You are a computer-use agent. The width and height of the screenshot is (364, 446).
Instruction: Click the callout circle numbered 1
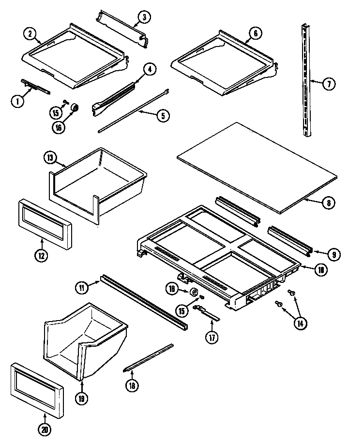17,101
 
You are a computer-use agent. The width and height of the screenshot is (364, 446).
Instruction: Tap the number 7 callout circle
328,84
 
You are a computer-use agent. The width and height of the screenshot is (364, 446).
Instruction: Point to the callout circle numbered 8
328,203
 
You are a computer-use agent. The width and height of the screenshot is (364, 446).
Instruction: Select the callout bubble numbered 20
45,429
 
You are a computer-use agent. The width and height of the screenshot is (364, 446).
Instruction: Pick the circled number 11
82,287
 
